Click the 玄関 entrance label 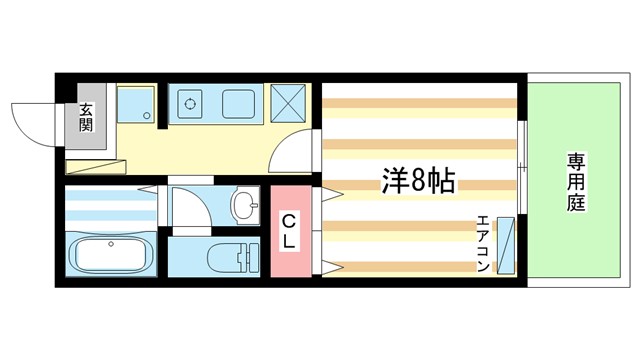tap(87, 118)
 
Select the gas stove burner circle tap(190, 102)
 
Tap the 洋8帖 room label tap(418, 181)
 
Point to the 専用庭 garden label tap(577, 180)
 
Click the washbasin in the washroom tap(243, 207)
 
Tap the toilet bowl tap(223, 257)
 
